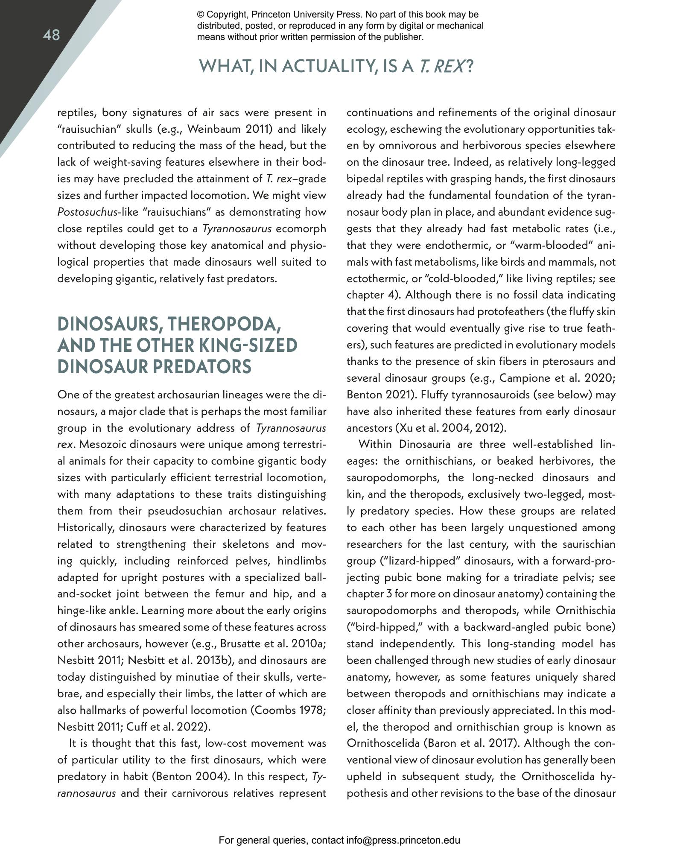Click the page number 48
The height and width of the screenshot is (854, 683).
point(51,35)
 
